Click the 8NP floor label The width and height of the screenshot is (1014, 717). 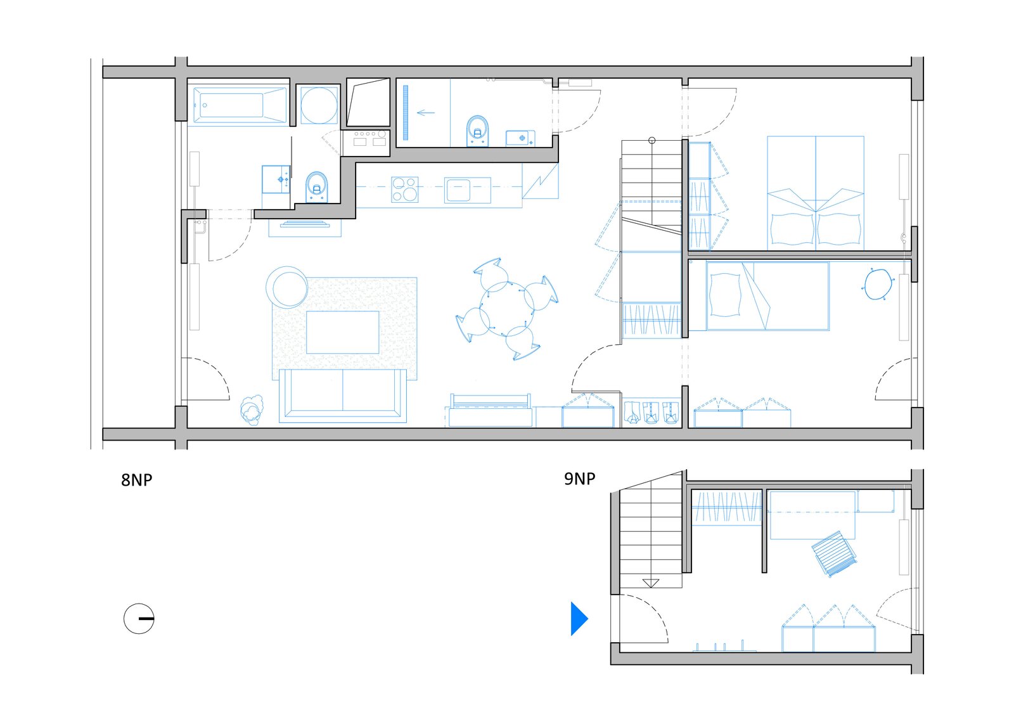pos(136,480)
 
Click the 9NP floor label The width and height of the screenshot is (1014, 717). pos(579,479)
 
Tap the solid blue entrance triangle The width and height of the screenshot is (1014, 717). pos(579,618)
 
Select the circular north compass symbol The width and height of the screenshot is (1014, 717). pos(139,618)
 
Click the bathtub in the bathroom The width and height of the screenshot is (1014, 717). pos(237,105)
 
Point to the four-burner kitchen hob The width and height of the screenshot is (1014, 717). pos(404,189)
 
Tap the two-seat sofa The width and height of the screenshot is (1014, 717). pos(342,396)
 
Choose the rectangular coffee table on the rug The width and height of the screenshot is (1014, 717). pos(342,332)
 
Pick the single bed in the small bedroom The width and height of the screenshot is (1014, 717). pos(767,296)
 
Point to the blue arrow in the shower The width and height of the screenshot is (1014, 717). pos(425,113)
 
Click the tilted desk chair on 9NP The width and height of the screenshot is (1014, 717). pos(835,553)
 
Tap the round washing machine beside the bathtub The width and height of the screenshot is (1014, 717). pos(319,105)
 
